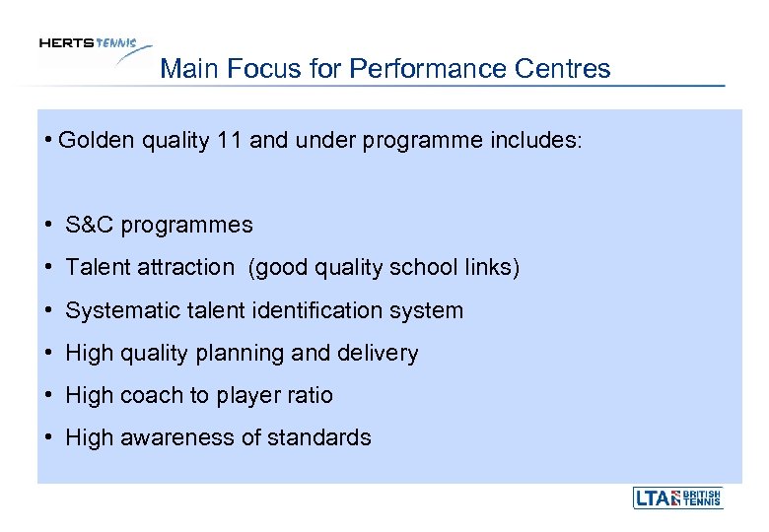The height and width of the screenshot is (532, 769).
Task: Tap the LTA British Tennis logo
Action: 677,498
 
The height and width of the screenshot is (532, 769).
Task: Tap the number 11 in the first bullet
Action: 230,141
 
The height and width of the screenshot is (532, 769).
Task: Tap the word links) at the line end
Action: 490,267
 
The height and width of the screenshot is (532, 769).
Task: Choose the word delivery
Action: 383,353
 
